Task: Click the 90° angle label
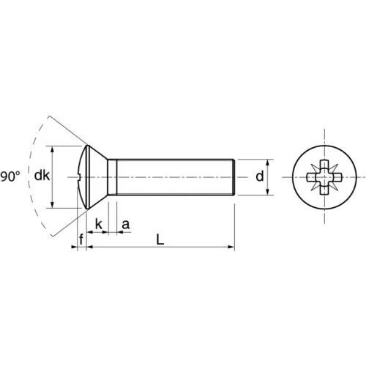(x=10, y=176)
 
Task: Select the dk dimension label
(x=42, y=176)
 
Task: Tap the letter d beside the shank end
(x=260, y=176)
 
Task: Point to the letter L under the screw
(x=160, y=239)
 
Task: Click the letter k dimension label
(x=99, y=224)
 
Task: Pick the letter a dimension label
(x=125, y=225)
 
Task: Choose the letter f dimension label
(x=81, y=239)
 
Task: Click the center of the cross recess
(x=324, y=177)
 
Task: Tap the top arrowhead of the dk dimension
(x=52, y=149)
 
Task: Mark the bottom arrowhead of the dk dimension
(x=52, y=205)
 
